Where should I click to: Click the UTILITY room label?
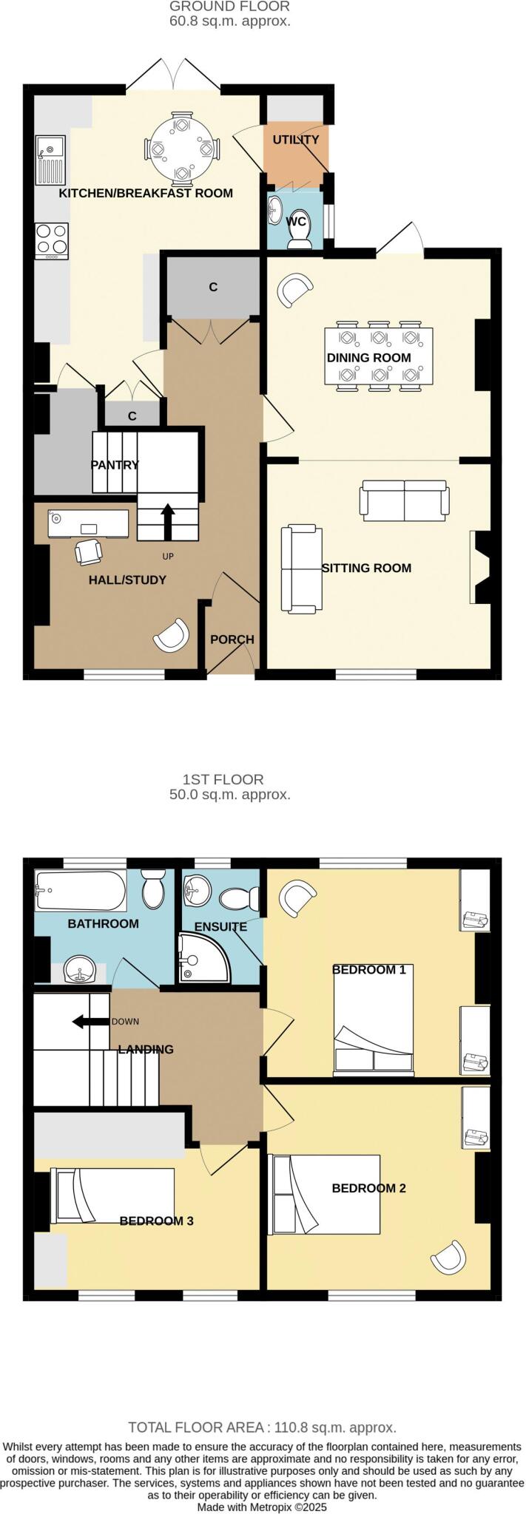pos(296,140)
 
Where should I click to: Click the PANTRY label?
pos(115,465)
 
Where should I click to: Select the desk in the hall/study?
pos(88,524)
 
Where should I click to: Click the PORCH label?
pos(232,639)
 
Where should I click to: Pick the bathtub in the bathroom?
pos(81,891)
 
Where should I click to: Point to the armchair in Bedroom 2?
pos(450,1257)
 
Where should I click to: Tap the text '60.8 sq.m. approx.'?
pos(229,21)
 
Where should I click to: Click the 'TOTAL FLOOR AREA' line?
pos(263,1427)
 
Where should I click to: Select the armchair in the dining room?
pos(294,289)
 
